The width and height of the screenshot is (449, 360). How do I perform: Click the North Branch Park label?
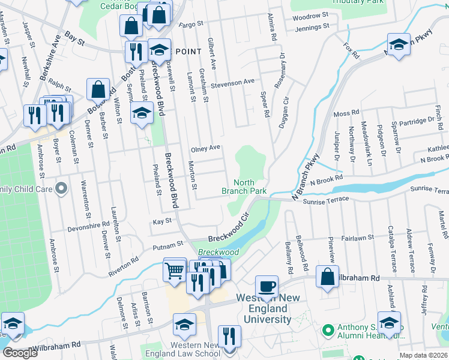pos(244,187)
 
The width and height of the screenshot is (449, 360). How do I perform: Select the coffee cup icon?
pos(267,286)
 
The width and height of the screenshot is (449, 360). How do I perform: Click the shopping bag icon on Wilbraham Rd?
pos(327,278)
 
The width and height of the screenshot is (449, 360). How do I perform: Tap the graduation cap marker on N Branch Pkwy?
pos(399,45)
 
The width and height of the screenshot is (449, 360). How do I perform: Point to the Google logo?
pos(20,353)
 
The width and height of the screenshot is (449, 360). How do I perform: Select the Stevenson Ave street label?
pos(232,82)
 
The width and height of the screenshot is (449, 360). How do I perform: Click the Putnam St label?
pos(168,245)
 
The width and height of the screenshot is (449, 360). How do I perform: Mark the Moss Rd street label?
pos(346,113)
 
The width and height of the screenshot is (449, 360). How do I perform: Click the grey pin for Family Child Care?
pos(61,190)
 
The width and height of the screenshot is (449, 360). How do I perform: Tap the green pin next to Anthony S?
pos(328,331)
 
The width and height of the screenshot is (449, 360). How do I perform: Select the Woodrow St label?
pos(311,14)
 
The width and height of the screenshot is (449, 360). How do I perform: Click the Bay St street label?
pos(74,38)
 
